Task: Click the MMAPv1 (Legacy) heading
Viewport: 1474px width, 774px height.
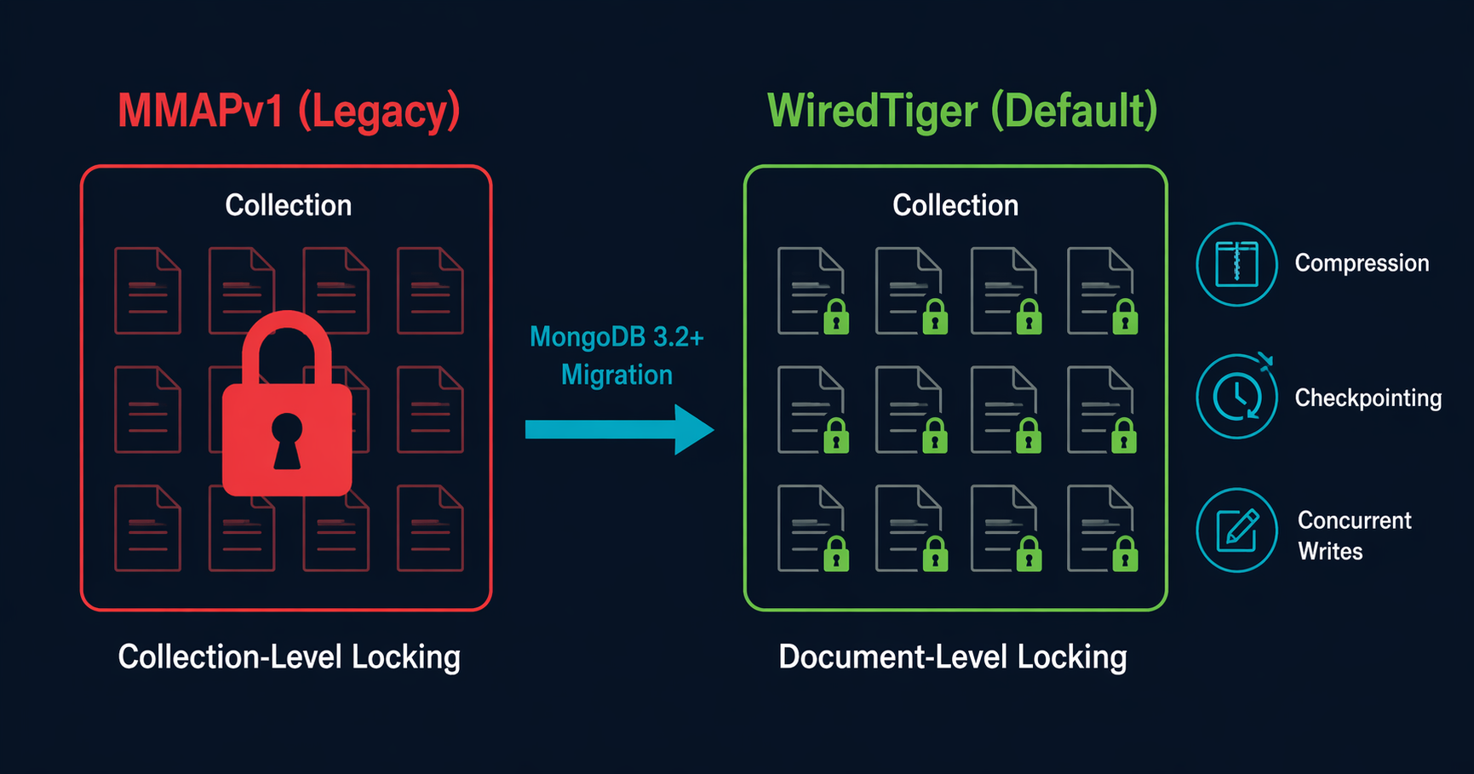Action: click(289, 112)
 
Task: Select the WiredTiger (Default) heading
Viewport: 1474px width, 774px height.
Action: click(962, 112)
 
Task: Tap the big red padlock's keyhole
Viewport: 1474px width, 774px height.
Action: click(287, 439)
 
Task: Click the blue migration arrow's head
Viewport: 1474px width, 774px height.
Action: click(692, 429)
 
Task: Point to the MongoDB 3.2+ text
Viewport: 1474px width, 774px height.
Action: click(617, 337)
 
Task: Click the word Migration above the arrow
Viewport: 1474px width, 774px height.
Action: click(617, 375)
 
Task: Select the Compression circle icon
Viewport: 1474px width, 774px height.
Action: click(1236, 264)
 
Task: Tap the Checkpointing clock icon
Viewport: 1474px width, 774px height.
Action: click(1236, 397)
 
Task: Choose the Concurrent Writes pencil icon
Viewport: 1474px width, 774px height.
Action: click(1236, 530)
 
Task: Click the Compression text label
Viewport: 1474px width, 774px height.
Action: click(1362, 263)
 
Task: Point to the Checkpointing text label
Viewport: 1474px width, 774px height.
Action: click(1368, 398)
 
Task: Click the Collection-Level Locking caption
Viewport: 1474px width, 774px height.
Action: click(289, 657)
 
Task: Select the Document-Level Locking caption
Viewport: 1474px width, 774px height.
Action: click(952, 657)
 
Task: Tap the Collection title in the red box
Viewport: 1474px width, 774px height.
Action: click(288, 205)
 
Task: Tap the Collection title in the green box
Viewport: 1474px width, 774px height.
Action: click(955, 205)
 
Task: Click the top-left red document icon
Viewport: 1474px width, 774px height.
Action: click(147, 290)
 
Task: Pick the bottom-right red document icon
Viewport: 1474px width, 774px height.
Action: click(430, 528)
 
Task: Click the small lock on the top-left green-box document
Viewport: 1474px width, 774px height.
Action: click(836, 318)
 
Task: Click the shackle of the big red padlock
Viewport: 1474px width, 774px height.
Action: click(287, 341)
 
